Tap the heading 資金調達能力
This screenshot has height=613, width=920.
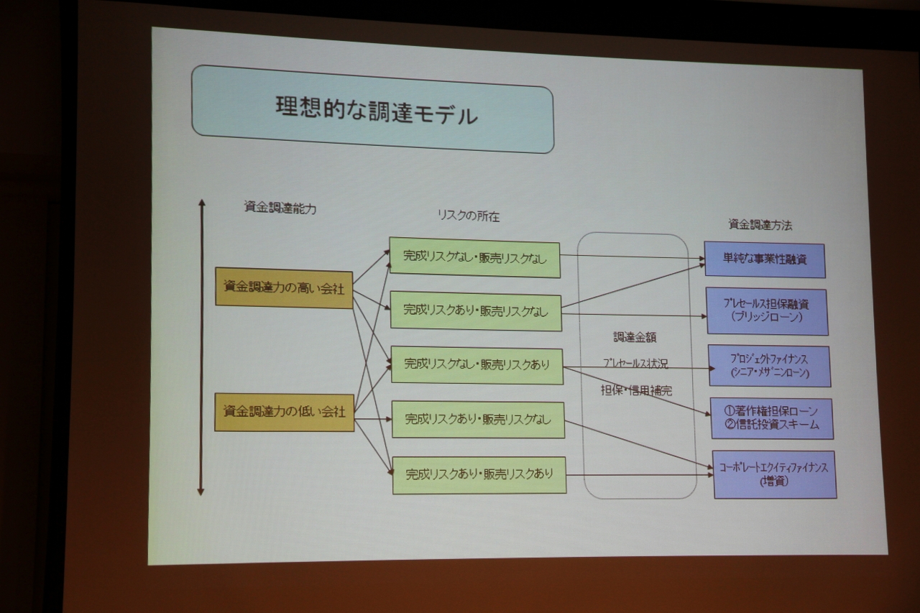coord(280,208)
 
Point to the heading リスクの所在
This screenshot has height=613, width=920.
coord(468,215)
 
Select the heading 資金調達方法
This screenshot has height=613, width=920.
coord(760,225)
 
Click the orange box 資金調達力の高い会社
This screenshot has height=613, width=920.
coord(284,287)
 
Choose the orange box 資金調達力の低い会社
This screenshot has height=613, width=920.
coord(285,412)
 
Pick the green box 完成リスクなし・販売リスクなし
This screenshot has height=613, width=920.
coord(474,257)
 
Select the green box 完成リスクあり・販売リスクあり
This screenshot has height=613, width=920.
coord(479,474)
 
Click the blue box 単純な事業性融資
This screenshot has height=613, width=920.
coord(765,259)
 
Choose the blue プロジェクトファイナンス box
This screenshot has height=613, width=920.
coord(769,366)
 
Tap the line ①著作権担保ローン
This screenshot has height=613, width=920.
coord(770,410)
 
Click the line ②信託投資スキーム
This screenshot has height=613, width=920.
coord(770,424)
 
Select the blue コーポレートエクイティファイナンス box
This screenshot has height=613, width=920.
coord(774,474)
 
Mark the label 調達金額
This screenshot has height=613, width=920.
coord(635,337)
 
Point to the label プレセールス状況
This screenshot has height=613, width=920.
coord(635,364)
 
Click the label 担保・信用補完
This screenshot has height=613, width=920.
coord(636,391)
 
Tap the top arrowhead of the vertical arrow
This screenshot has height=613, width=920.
coord(202,203)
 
